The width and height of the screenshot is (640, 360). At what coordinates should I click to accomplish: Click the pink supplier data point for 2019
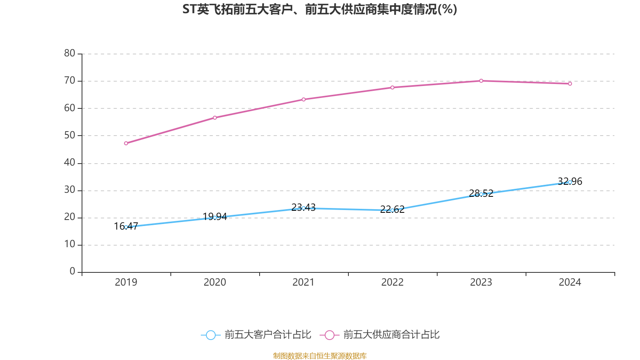point(126,143)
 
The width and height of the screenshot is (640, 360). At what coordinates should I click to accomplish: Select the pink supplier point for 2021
point(304,99)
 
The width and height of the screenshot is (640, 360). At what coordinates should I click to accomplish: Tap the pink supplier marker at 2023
point(481,81)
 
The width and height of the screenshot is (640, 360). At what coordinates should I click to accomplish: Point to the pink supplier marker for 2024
point(570,84)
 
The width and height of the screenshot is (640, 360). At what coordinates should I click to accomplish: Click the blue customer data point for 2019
point(126,227)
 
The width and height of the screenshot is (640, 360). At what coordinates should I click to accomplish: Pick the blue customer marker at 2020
point(215,218)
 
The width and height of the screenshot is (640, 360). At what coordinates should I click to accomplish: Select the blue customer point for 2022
point(392,210)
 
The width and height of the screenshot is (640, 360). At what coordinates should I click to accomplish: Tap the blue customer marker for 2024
point(570,182)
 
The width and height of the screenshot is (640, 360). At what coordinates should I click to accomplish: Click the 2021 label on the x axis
point(304,282)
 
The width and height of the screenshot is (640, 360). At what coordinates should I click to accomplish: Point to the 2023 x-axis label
point(481,282)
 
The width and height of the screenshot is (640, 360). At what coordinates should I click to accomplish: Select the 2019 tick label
point(126,282)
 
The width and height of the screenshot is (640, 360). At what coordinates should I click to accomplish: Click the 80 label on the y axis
point(70,53)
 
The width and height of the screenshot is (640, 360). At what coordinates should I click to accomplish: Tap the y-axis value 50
point(70,135)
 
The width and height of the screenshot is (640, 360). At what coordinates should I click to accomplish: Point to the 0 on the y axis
point(72,271)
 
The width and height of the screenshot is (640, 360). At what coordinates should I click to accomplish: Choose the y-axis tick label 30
point(70,190)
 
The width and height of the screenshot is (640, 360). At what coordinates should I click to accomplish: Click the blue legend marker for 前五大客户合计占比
point(210,335)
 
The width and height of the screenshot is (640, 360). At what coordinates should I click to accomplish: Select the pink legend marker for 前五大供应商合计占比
point(329,335)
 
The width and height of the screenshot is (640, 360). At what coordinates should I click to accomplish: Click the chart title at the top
point(320,9)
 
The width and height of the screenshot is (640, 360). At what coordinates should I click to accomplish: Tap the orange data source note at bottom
point(320,356)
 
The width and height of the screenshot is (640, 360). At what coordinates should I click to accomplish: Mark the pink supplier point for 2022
point(392,87)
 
